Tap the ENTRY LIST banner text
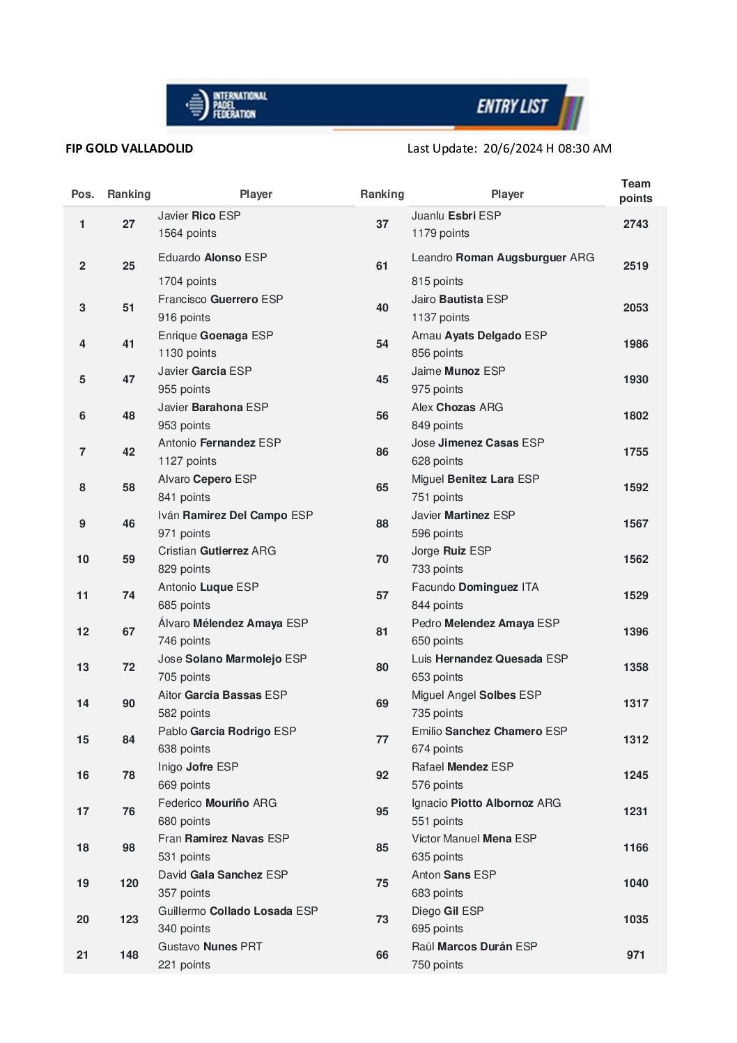coord(512,107)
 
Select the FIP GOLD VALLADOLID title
coord(129,148)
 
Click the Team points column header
coord(635,191)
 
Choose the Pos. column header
coord(82,194)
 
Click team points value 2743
coord(635,224)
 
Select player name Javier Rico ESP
coord(199,216)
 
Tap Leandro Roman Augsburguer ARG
coord(502,258)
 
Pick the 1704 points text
coord(187,281)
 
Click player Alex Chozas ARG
coord(457,408)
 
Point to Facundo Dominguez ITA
coord(474,587)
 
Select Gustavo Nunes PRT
coord(210,947)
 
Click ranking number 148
coord(129,955)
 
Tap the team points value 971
coord(635,955)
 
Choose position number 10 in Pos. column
coord(83,559)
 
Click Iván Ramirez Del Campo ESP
coord(235,516)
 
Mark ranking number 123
coord(129,920)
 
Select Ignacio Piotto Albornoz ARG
coord(486,803)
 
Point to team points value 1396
coord(635,632)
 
